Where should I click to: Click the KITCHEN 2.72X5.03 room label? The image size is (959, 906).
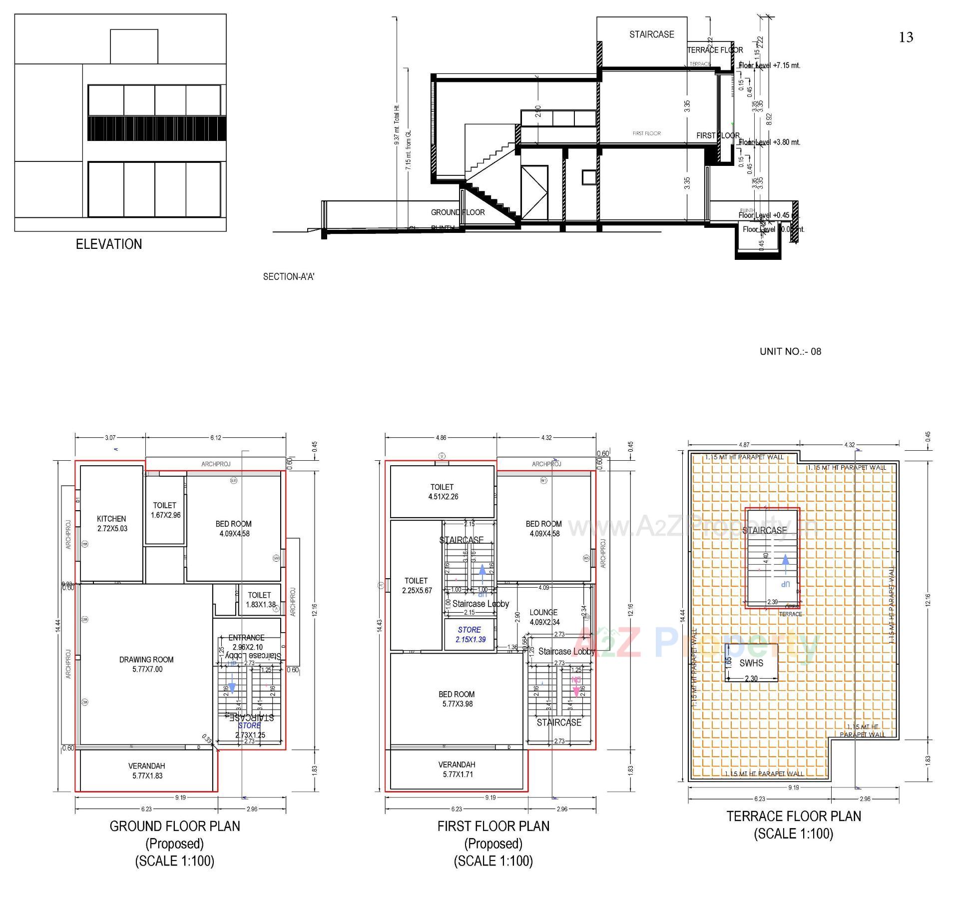(111, 524)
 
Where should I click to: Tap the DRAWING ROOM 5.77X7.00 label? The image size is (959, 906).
(147, 664)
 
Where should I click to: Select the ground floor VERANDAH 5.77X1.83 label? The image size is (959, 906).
(147, 771)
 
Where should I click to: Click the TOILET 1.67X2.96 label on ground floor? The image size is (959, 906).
(165, 510)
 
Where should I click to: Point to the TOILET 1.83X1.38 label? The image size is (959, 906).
(260, 600)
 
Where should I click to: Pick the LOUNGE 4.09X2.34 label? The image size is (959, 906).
(544, 617)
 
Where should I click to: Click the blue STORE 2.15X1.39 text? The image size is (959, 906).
(470, 635)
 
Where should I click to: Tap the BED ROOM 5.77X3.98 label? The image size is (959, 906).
(457, 699)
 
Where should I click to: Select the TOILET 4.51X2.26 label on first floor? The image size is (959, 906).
(442, 491)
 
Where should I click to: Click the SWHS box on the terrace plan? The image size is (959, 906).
(751, 663)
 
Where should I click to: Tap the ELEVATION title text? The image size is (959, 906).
(109, 244)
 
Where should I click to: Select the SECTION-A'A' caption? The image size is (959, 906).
(289, 276)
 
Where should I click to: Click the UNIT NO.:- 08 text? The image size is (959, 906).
(790, 351)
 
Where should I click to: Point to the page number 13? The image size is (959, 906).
(906, 37)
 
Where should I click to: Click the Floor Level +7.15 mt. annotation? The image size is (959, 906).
(769, 65)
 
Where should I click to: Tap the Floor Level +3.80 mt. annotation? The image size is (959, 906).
(769, 142)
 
